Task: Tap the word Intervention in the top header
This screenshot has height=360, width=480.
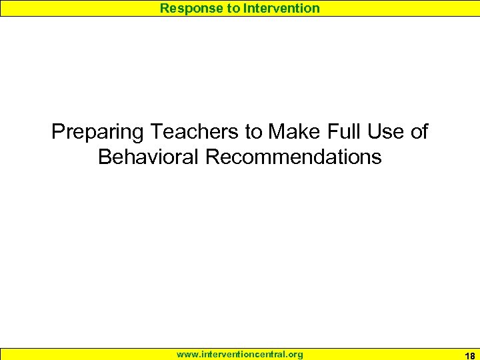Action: click(x=281, y=8)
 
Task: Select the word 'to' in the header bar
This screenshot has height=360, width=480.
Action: click(x=231, y=8)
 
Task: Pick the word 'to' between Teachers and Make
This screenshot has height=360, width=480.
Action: click(x=254, y=132)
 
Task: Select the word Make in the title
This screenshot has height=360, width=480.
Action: click(x=293, y=132)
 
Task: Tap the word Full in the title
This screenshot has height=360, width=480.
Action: click(x=341, y=132)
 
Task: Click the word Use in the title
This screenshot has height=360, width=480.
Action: click(x=383, y=132)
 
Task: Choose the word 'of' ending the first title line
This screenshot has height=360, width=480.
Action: click(x=419, y=132)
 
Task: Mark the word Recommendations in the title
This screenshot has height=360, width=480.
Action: click(x=293, y=157)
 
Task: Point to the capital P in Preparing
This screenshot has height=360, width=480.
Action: click(x=57, y=132)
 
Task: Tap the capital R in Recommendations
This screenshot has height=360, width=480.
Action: click(x=211, y=157)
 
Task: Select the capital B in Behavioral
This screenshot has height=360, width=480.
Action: click(x=104, y=157)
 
